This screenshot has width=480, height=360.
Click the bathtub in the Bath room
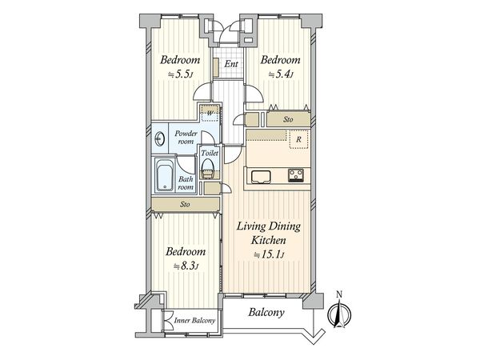point(164,175)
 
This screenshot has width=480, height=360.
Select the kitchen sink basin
point(261,177)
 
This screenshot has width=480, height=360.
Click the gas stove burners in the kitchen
point(296,175)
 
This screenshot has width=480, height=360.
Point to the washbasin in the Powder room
point(159,140)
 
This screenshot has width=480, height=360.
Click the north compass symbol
point(339,313)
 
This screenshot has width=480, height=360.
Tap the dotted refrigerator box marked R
point(298,139)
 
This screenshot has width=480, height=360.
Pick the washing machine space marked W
point(210,113)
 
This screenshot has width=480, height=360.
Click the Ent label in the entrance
point(231,64)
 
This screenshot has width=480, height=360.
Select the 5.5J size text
point(180,74)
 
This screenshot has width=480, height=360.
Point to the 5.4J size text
point(281,74)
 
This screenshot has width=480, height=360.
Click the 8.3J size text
point(186,266)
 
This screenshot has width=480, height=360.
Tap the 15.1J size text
point(269,254)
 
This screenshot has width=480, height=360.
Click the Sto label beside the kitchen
point(288,119)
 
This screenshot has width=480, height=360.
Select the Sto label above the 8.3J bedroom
point(185,204)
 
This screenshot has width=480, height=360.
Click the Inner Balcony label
point(194,321)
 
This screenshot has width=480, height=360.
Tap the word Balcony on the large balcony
point(266,313)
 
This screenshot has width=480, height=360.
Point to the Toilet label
point(210,153)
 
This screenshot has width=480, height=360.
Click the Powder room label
point(186,138)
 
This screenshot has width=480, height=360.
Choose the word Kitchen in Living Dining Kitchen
point(269,240)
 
